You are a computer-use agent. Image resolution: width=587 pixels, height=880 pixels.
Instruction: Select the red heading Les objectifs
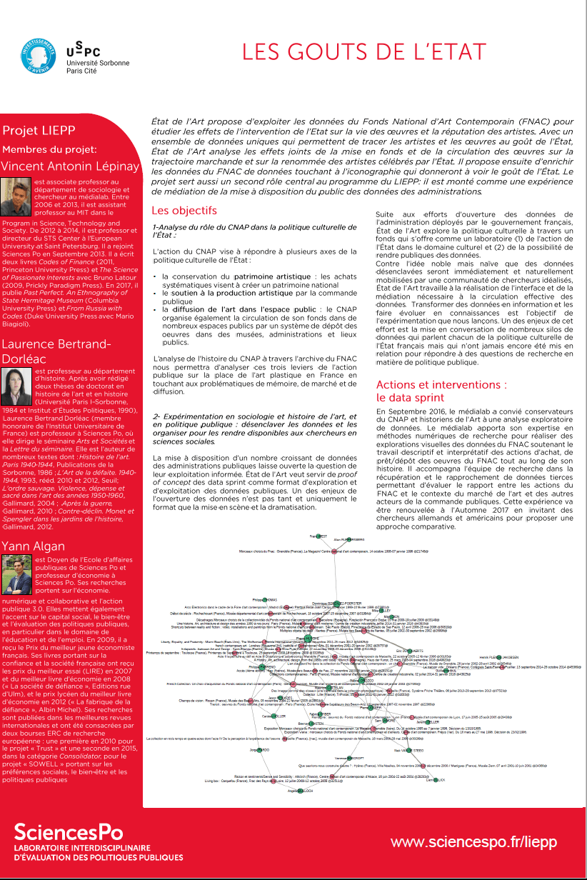pos(184,211)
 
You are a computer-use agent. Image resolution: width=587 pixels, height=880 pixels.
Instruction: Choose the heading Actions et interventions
pos(441,384)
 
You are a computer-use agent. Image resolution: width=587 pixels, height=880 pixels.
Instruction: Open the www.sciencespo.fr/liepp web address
pos(473,842)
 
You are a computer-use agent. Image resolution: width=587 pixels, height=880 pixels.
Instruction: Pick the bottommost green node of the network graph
pos(301,791)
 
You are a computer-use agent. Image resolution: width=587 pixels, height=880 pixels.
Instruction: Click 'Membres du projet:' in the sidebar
pos(49,149)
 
